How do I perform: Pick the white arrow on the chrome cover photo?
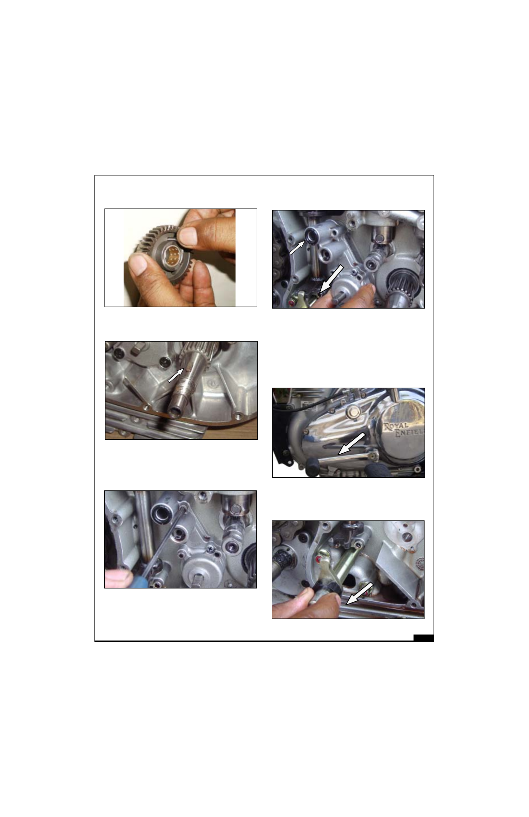pyautogui.click(x=352, y=443)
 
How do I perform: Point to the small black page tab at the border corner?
pyautogui.click(x=424, y=638)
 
